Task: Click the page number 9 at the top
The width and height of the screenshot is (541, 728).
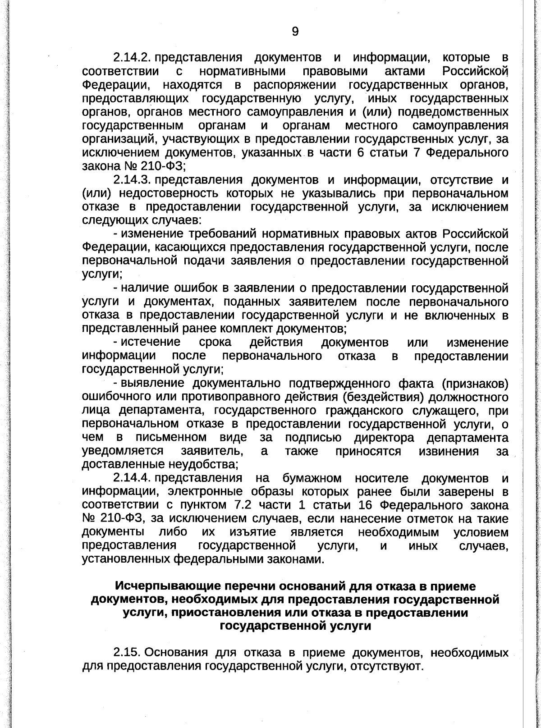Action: point(295,31)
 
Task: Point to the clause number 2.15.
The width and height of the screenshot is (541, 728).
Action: point(127,653)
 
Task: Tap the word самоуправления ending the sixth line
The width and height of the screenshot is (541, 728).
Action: point(460,125)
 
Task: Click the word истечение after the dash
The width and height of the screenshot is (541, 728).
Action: point(151,343)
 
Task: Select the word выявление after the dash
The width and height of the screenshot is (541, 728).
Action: point(154,384)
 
